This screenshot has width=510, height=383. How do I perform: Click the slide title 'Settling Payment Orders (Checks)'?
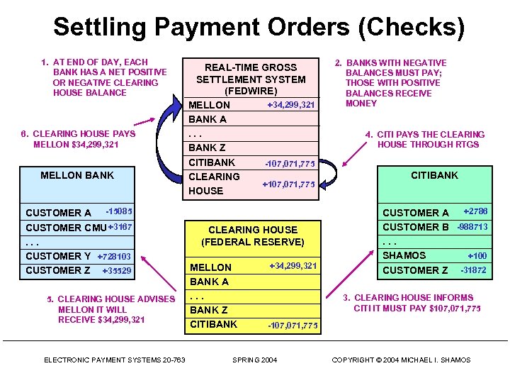(x=259, y=27)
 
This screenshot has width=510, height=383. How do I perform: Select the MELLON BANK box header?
(x=77, y=175)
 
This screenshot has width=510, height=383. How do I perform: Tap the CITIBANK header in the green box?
(x=434, y=175)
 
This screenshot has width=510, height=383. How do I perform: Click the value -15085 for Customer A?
(x=118, y=211)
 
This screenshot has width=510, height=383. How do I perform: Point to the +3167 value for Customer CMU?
(x=120, y=227)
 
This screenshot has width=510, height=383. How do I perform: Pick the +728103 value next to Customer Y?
(x=114, y=256)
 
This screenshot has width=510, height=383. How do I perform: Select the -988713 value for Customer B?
(x=472, y=227)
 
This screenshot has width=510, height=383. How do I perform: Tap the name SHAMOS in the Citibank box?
(x=404, y=255)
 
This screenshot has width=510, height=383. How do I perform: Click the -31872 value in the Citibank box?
(x=473, y=270)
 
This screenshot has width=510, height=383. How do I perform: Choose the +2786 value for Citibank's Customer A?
(x=475, y=212)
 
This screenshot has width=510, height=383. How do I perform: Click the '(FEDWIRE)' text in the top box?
(x=251, y=91)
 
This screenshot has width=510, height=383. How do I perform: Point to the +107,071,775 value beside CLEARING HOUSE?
(x=288, y=184)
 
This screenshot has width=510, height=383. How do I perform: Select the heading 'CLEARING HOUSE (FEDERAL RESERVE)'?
(x=252, y=235)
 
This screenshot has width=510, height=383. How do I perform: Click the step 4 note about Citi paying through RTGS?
(x=424, y=139)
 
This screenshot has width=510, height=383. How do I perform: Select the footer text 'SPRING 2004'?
(x=255, y=360)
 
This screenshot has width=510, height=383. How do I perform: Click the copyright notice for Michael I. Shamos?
(x=401, y=360)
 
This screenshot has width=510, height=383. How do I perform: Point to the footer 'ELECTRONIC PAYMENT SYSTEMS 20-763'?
(x=114, y=360)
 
